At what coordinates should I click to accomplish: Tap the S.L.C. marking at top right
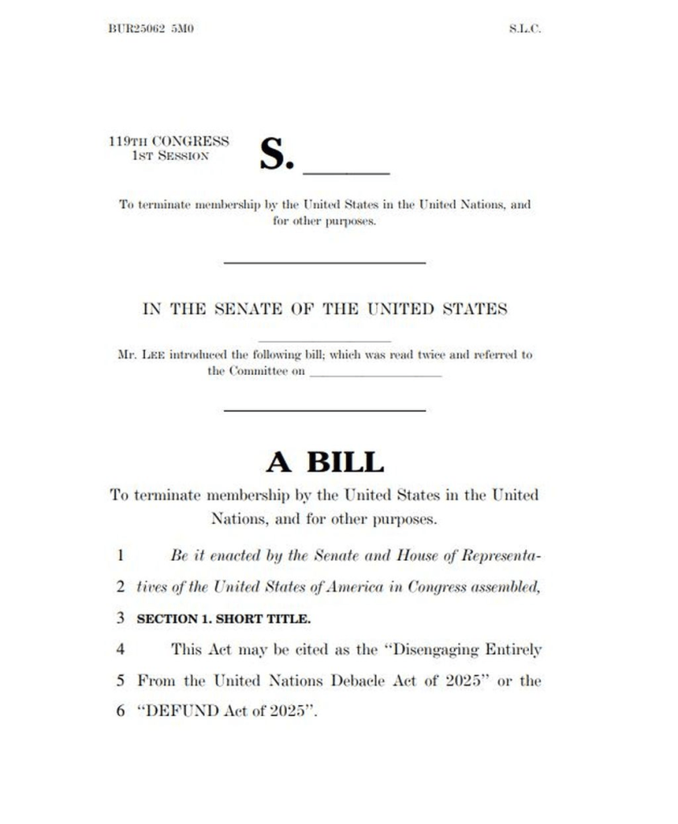525,29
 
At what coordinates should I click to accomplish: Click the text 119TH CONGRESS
169,142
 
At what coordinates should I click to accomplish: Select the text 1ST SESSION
170,155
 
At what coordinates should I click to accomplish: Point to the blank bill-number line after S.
345,171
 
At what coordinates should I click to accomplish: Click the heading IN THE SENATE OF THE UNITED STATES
325,309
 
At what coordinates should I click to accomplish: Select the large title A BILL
325,462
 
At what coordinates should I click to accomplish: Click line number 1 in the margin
120,555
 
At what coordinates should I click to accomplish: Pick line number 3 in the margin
120,619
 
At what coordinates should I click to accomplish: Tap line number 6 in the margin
120,712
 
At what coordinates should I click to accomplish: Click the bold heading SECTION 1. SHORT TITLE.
224,619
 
